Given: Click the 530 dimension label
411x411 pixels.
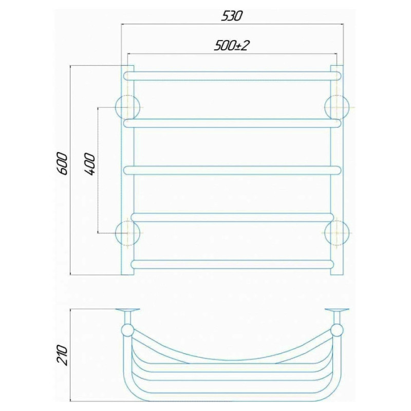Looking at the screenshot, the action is click(232, 16).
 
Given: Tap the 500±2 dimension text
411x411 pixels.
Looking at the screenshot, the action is click(232, 46).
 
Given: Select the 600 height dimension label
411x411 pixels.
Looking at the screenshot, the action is click(63, 164).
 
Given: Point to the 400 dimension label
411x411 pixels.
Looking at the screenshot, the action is click(89, 164).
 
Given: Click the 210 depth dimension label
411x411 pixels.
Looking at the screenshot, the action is click(62, 355).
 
